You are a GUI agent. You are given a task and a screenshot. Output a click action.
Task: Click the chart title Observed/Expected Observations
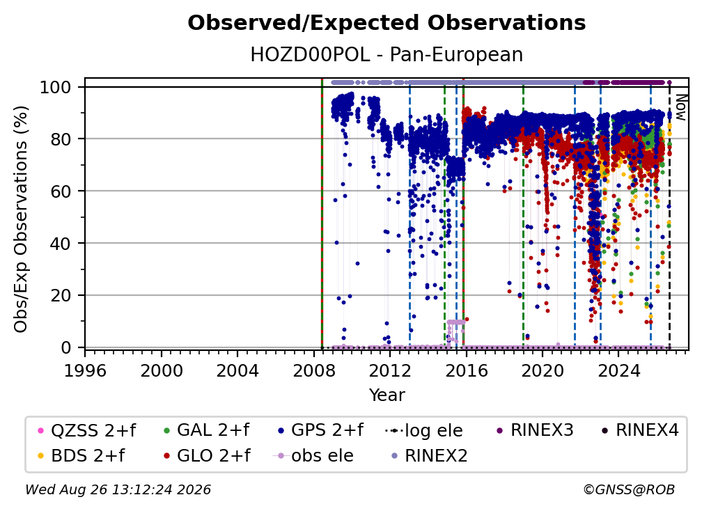[387, 23]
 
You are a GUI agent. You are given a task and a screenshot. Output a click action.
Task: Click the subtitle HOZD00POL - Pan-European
[387, 54]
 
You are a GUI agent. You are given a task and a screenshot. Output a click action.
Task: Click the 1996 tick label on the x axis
[85, 371]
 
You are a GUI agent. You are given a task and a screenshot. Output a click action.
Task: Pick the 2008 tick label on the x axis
[314, 371]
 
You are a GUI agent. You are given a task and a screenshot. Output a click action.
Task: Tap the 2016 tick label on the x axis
[466, 371]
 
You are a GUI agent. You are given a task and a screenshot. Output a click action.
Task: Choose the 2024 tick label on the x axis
[618, 371]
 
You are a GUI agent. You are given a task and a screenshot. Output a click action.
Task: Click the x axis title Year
[387, 395]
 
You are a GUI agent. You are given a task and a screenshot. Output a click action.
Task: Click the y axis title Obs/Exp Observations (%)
[21, 219]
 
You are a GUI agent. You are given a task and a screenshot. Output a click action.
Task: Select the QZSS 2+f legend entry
[87, 430]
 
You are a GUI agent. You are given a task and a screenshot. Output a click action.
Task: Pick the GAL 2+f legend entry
[207, 430]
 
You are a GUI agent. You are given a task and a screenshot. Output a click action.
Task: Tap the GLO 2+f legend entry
[208, 455]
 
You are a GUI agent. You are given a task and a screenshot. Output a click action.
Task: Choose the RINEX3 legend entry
[535, 430]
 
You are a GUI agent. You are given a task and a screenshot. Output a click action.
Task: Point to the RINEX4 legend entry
[640, 430]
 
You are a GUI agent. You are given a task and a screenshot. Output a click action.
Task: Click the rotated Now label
[680, 107]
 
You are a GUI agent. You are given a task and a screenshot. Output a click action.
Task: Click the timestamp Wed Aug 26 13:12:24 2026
[118, 489]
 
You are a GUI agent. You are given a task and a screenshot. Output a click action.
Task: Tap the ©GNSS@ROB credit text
[629, 489]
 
